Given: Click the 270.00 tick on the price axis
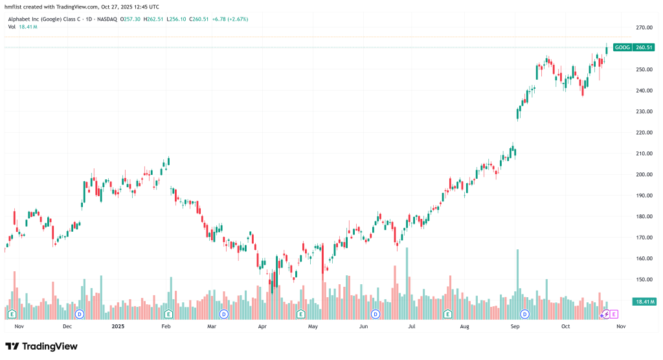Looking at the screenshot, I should (643, 28).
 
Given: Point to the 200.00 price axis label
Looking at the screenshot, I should (643, 174).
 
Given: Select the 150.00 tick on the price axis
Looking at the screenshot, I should (643, 280).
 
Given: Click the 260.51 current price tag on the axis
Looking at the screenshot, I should (643, 47).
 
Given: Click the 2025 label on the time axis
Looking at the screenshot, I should (117, 327).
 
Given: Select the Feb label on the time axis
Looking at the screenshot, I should (165, 327).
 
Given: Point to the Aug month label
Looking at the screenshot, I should (464, 327).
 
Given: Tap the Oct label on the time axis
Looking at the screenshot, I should (565, 327).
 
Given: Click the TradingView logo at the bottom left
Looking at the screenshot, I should (41, 346).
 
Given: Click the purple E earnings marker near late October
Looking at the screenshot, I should (614, 314).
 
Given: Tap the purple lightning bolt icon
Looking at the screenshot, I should (605, 314).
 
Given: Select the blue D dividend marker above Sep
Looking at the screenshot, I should (524, 314).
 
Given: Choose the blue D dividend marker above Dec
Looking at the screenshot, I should (80, 314).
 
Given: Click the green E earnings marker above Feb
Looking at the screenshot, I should (168, 314).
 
